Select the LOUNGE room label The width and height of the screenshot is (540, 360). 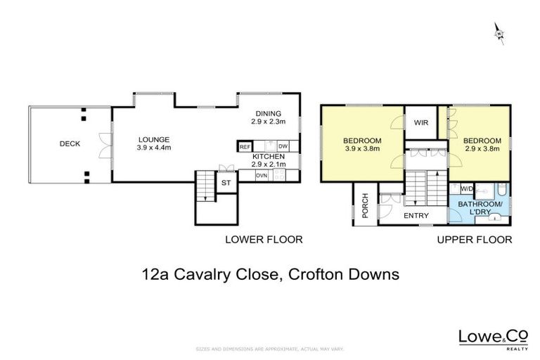tap(154, 139)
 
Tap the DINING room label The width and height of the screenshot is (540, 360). tap(268, 113)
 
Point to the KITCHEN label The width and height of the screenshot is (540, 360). tap(267, 155)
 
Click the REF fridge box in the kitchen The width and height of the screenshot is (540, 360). tap(245, 146)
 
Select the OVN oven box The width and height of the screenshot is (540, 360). tap(262, 175)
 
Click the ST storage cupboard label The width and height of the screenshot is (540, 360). tap(226, 183)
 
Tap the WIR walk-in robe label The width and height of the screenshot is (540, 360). tap(421, 123)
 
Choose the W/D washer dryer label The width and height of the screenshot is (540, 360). tap(466, 188)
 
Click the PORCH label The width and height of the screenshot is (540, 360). tap(365, 205)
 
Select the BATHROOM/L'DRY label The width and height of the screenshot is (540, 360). tap(481, 207)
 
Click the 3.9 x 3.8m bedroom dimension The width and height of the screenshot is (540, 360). tap(362, 148)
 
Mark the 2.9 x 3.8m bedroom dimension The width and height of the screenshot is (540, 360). tap(482, 148)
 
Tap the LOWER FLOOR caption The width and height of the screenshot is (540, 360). tap(264, 240)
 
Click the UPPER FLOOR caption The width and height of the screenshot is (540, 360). tap(475, 240)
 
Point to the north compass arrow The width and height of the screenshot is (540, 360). tap(499, 33)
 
